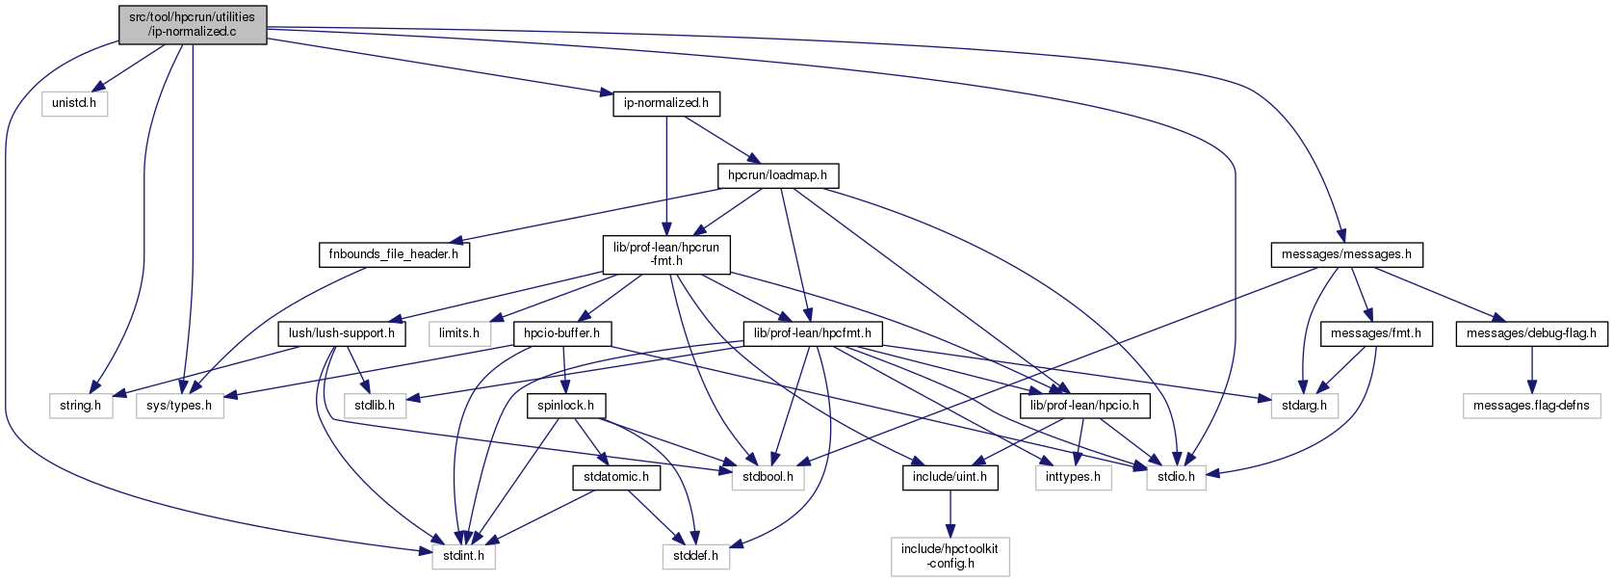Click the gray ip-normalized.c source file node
193,24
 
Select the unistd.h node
74,103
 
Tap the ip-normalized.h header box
665,103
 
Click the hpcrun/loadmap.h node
777,175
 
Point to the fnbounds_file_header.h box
393,254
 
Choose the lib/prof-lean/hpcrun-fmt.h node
665,254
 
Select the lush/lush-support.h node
342,333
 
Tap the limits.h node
459,333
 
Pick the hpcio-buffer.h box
561,333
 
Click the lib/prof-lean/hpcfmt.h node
813,333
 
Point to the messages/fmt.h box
1376,333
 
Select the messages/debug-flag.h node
1531,333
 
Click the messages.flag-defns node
1531,406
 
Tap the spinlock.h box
565,406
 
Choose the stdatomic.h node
616,477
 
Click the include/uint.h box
950,477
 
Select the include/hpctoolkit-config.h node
950,556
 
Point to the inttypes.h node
1073,477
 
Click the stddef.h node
695,556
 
